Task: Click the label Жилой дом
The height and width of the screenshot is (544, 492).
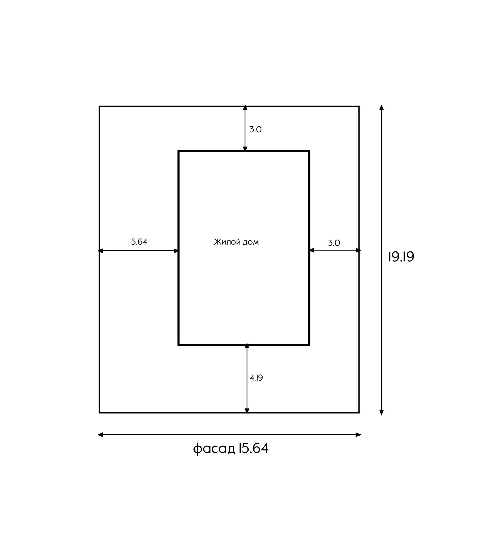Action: (x=236, y=242)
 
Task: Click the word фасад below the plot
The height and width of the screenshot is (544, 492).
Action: (x=214, y=449)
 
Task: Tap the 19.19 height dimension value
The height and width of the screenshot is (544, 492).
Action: (x=401, y=257)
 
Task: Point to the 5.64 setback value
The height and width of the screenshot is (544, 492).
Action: (x=139, y=242)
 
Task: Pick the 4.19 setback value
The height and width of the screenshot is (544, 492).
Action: (x=256, y=378)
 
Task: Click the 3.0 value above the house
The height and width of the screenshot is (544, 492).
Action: (x=255, y=129)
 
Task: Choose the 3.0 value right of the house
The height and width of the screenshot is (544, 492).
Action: (x=334, y=243)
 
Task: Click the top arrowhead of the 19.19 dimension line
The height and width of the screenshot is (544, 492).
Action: (x=381, y=108)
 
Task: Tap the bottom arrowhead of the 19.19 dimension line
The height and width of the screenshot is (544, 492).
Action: (x=381, y=412)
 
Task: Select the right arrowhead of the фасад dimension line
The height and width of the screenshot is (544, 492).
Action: (x=359, y=435)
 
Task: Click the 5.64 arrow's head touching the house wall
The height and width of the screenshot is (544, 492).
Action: (x=176, y=251)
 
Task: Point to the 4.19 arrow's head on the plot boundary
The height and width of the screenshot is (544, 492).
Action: (x=247, y=411)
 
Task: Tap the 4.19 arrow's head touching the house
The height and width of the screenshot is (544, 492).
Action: (x=247, y=346)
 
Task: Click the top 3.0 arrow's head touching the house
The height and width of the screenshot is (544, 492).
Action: (x=245, y=149)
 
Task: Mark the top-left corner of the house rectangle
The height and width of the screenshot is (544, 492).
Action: (x=179, y=151)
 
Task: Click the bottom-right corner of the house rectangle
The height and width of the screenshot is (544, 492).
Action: (x=309, y=345)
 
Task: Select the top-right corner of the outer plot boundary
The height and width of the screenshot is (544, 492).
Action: (x=359, y=107)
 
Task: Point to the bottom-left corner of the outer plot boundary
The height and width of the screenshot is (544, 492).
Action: (x=100, y=413)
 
